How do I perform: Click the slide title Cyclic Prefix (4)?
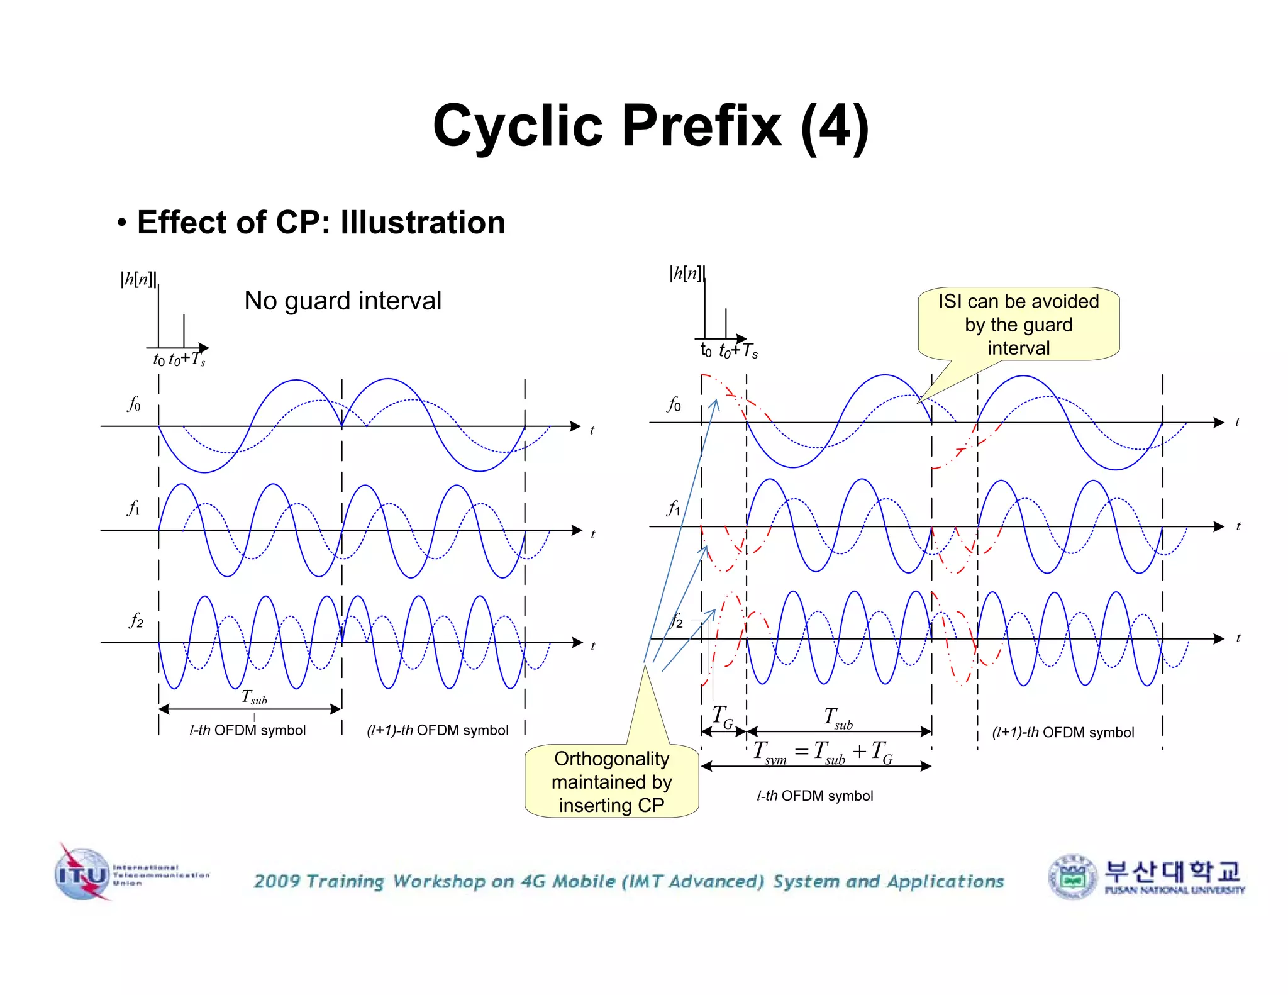click(650, 126)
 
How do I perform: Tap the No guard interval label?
click(343, 301)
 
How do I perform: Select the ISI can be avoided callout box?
click(1018, 325)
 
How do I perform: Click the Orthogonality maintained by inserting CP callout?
click(611, 782)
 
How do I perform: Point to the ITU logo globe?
click(82, 874)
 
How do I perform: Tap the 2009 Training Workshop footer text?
click(628, 881)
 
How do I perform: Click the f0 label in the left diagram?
click(134, 403)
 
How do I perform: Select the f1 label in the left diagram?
click(134, 508)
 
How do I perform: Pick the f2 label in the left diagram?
click(136, 621)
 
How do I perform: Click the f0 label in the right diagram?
click(674, 404)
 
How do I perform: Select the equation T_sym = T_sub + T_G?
click(823, 752)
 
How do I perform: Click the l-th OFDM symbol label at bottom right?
click(814, 796)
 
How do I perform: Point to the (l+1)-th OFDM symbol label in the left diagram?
click(437, 730)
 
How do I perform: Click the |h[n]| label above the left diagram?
click(138, 279)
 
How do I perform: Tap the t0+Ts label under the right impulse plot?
click(738, 350)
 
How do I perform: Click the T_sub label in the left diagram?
click(254, 697)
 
